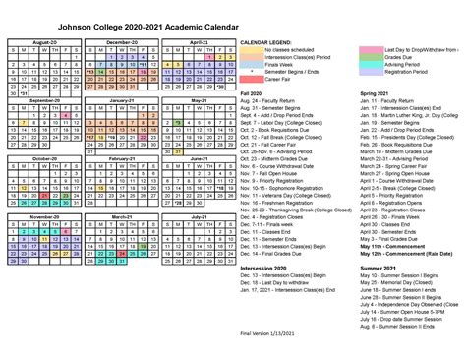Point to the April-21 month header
[x=199, y=43]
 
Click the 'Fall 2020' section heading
[x=252, y=93]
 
